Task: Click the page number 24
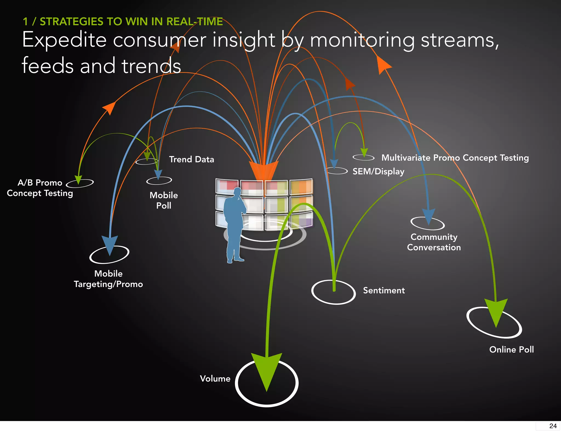pos(553,426)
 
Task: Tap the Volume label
pos(215,379)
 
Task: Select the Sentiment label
pos(384,290)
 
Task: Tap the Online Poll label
pos(511,349)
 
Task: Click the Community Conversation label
pos(434,242)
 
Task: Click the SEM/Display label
pos(378,171)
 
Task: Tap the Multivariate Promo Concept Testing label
pos(455,158)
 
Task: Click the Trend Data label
pos(191,159)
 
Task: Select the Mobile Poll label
pos(164,200)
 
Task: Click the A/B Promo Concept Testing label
pos(40,188)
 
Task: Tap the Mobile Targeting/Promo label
pos(108,279)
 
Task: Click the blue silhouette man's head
pos(237,192)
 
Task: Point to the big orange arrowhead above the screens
pos(264,170)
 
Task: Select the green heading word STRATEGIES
pos(71,22)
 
